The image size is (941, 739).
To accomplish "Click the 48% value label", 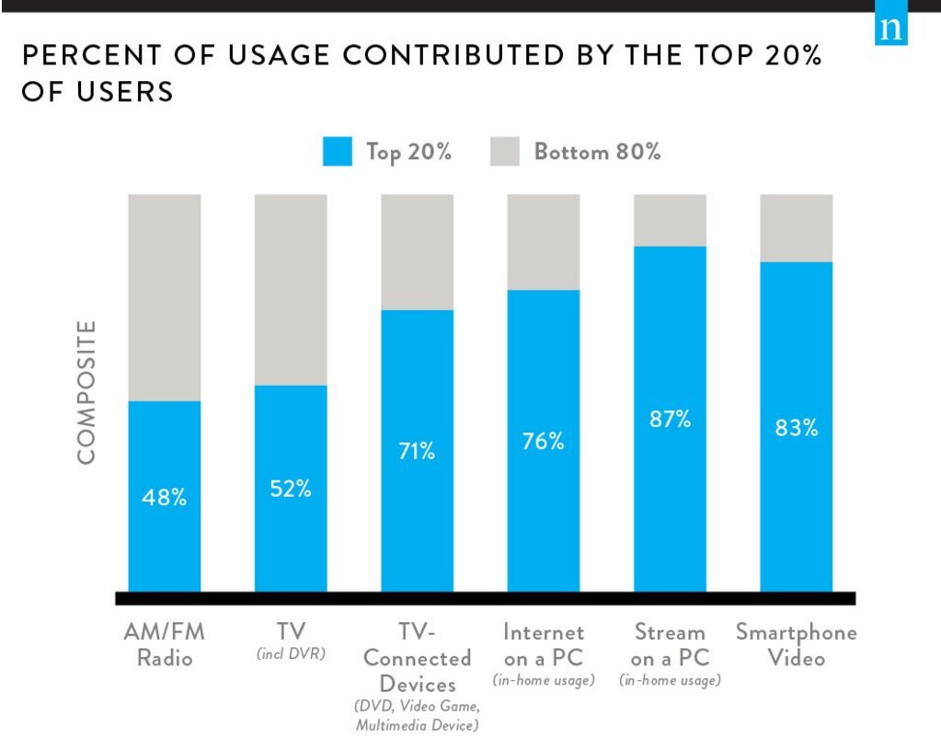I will coord(165,498).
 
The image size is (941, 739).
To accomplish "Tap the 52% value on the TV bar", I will coord(291,489).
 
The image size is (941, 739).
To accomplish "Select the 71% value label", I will coord(417,451).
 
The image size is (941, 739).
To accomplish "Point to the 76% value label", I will coord(544,441).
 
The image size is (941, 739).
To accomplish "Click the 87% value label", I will coord(670,419).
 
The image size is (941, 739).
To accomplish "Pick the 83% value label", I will coord(796,427).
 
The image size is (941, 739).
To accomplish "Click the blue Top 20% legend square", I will coord(338,152).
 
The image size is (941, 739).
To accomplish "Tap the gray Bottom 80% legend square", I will coord(505,152).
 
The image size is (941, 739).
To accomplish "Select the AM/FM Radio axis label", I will coord(165,645).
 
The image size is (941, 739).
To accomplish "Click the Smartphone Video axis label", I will coord(796,645).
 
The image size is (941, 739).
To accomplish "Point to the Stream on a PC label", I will coord(670,645).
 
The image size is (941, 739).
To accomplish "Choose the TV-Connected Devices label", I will coord(417,658).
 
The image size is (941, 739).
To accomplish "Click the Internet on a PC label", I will coord(544,645).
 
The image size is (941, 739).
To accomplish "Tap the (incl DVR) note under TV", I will coord(291,656).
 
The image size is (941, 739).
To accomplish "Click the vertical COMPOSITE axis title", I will coord(86,392).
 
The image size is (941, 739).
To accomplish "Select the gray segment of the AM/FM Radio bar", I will coord(165,296).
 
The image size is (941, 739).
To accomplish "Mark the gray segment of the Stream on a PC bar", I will coord(670,219).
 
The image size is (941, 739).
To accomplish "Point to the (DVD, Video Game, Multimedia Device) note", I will coord(417,716).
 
